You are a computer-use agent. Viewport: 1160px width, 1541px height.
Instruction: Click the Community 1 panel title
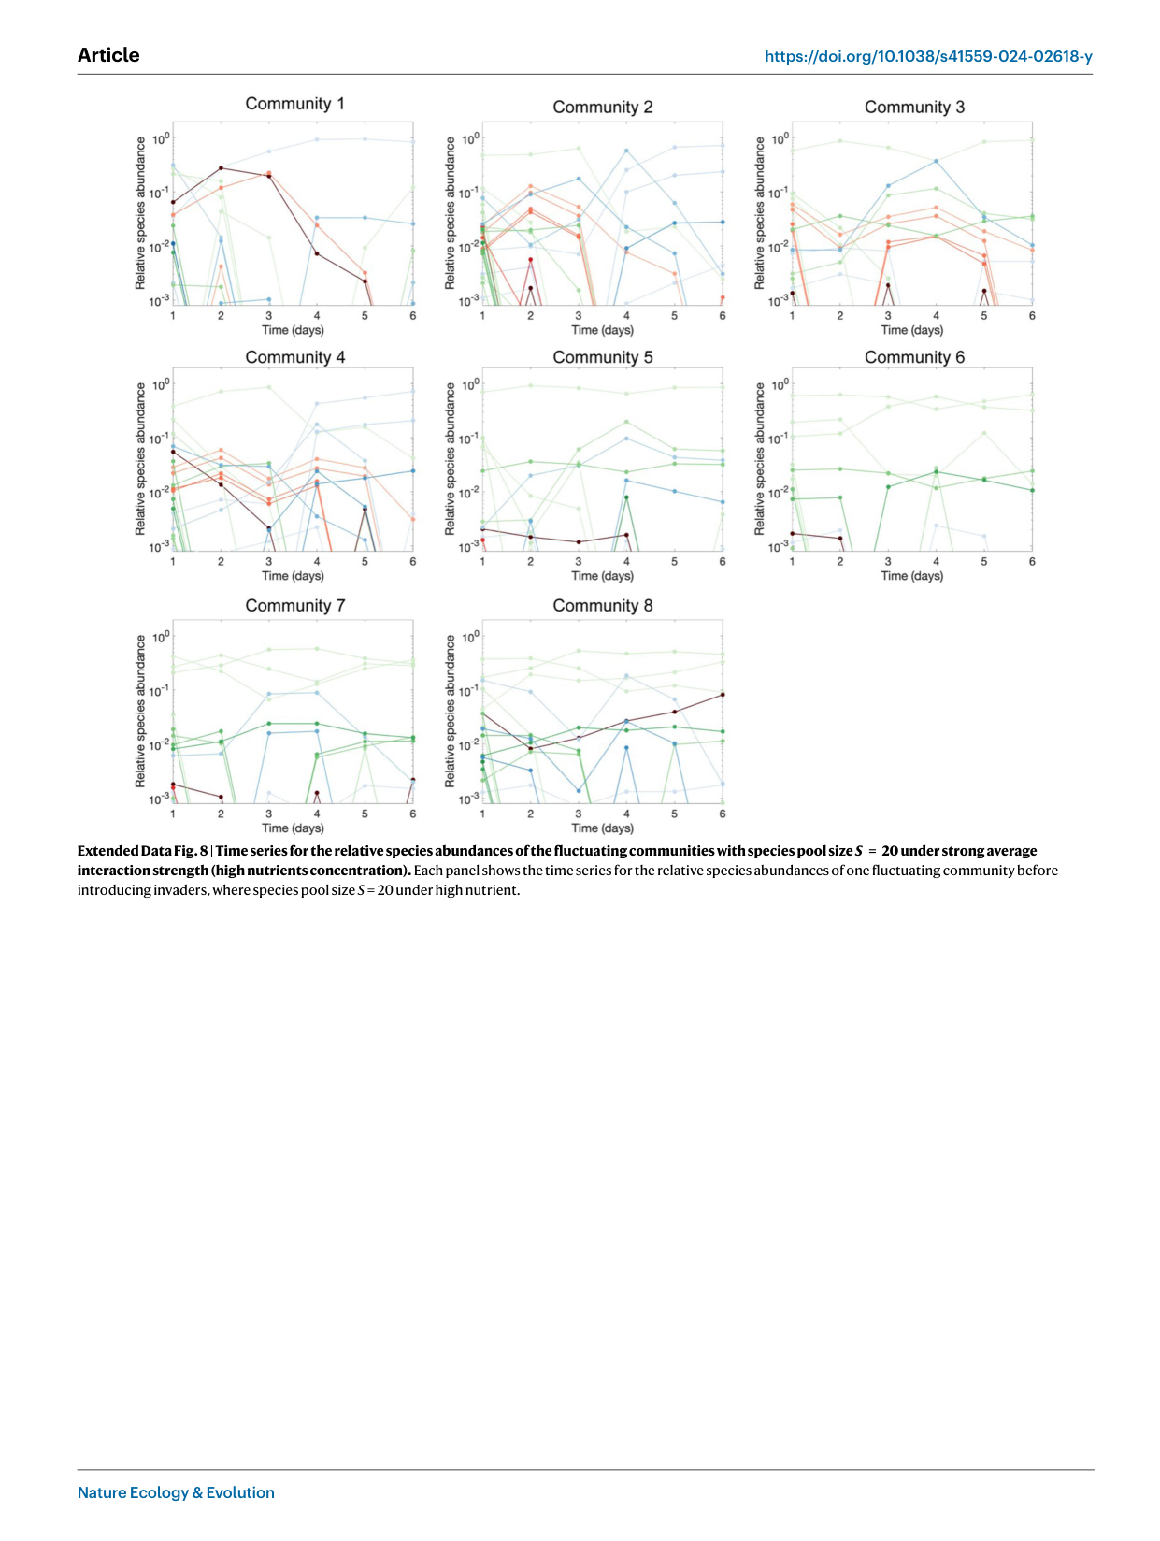[x=294, y=104]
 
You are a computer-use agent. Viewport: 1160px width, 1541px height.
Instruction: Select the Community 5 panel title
[x=602, y=357]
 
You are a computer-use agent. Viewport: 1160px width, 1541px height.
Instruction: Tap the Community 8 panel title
[x=602, y=606]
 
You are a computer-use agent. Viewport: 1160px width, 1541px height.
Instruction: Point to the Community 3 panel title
[x=914, y=108]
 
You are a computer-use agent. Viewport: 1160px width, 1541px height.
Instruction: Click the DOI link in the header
[x=928, y=56]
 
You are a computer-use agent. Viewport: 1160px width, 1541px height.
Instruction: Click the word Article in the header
[x=108, y=55]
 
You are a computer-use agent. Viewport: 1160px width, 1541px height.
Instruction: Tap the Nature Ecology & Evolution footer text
[x=176, y=1492]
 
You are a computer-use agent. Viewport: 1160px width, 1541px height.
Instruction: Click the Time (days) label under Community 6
[x=911, y=576]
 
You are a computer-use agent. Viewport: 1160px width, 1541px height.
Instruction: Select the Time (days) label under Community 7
[x=293, y=828]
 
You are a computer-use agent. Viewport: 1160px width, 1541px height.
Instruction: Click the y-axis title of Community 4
[x=140, y=459]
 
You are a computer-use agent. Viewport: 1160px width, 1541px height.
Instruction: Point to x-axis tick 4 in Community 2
[x=626, y=316]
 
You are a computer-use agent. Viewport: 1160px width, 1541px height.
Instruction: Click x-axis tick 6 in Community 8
[x=723, y=814]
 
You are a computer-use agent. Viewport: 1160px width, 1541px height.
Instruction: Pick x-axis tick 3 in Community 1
[x=269, y=316]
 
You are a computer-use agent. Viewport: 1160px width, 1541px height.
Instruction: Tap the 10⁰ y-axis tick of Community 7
[x=161, y=638]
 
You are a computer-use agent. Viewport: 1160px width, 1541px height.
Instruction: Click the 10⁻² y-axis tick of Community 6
[x=780, y=493]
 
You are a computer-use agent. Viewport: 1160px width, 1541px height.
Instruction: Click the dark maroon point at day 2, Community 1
[x=221, y=167]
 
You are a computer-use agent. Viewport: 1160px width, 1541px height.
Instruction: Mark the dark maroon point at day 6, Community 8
[x=723, y=695]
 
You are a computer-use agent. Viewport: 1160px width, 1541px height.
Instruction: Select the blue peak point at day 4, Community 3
[x=936, y=162]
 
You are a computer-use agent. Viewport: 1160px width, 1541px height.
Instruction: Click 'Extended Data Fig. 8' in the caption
[x=142, y=851]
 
